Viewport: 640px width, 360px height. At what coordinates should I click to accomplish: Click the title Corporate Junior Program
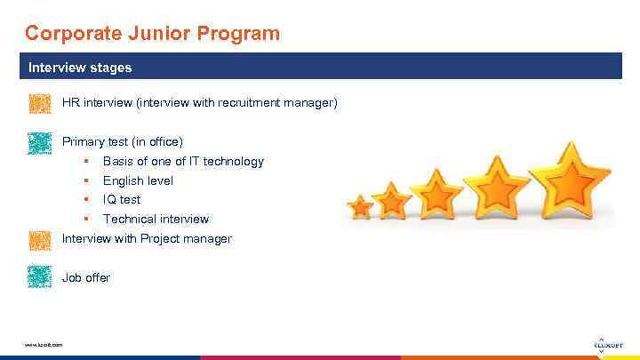pos(152,34)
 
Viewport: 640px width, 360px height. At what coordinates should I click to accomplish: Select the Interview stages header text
pos(80,68)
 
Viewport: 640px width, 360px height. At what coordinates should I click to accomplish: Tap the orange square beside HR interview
pos(40,104)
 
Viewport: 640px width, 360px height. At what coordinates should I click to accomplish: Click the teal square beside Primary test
pos(40,143)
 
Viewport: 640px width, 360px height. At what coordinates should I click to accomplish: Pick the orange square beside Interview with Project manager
pos(40,239)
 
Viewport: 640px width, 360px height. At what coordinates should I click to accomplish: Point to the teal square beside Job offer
pos(40,277)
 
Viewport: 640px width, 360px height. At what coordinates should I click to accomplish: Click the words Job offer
pos(86,277)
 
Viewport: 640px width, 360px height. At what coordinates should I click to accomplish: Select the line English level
pos(138,180)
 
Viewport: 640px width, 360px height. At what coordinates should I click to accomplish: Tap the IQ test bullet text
pos(122,199)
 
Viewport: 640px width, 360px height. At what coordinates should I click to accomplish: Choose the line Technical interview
pos(156,219)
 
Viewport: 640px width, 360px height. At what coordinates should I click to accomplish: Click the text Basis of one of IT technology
pos(183,161)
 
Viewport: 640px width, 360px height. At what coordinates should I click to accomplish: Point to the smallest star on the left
pos(360,207)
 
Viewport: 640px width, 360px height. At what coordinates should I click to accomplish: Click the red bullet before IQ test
pos(86,199)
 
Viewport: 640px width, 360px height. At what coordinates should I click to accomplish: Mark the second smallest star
pos(393,200)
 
